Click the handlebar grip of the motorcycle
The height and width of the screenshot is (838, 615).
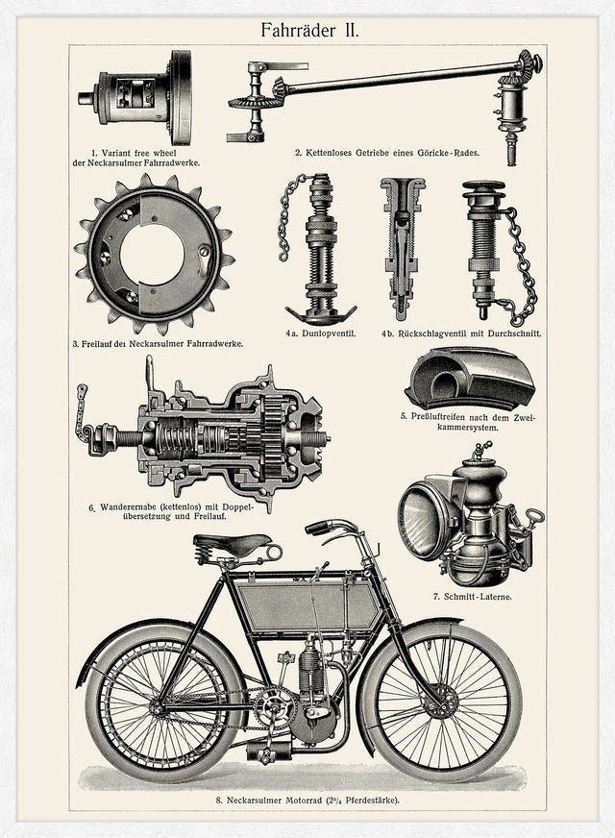tap(317, 528)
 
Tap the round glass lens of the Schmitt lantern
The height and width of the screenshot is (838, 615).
tap(423, 519)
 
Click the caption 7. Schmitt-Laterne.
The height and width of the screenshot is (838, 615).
tap(473, 597)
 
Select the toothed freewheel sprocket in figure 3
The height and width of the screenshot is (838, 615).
tap(155, 255)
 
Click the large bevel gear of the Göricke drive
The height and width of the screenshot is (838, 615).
tap(250, 104)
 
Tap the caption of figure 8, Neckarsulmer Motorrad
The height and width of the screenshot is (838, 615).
tap(307, 801)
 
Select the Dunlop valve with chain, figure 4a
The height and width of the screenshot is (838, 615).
tap(316, 249)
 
